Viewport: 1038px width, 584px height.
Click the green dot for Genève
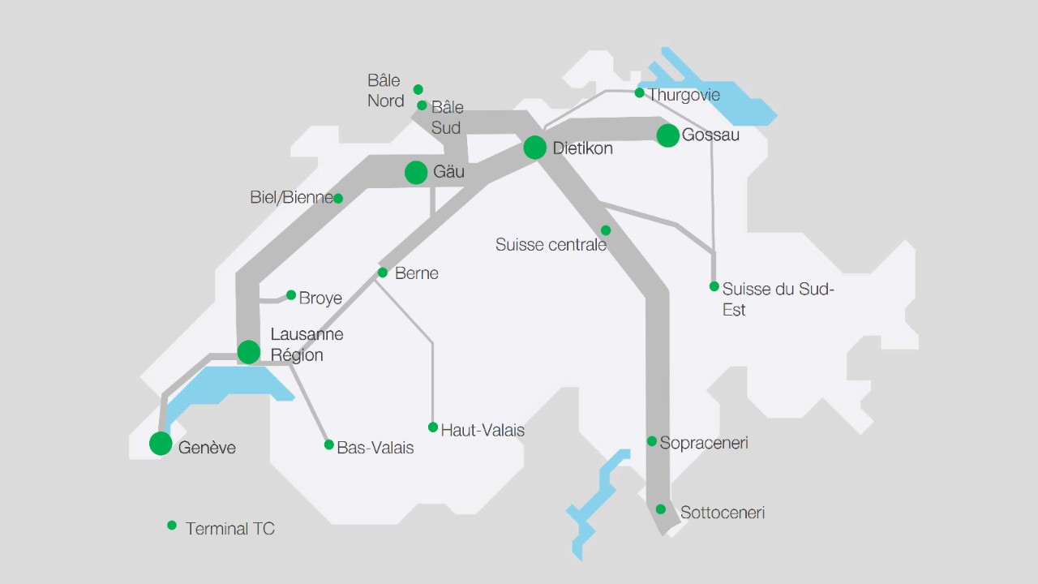(x=161, y=444)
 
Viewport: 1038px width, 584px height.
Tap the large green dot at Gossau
(x=667, y=135)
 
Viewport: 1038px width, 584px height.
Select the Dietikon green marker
(x=535, y=148)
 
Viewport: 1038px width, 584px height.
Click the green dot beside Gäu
(x=416, y=172)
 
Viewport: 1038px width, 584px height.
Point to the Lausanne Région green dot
(x=249, y=352)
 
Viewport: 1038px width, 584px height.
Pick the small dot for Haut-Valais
(x=433, y=427)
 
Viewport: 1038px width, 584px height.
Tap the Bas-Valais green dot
(x=329, y=444)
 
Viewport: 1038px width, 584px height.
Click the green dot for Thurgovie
(x=639, y=93)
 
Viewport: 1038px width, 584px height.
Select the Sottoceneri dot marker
(x=661, y=509)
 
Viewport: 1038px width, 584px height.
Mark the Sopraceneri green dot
(x=652, y=441)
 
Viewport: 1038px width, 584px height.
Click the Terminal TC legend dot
(x=172, y=526)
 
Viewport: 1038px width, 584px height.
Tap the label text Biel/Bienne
(x=291, y=198)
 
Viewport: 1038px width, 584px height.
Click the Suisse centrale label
(x=551, y=245)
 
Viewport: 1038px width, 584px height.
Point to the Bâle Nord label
(x=385, y=91)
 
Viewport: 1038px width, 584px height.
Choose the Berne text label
(x=416, y=273)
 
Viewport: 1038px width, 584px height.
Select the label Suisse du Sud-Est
(x=777, y=299)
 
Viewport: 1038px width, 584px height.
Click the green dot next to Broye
(x=291, y=295)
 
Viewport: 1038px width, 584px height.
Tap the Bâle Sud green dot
(x=422, y=105)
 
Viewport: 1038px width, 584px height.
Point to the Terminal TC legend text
(x=230, y=529)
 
